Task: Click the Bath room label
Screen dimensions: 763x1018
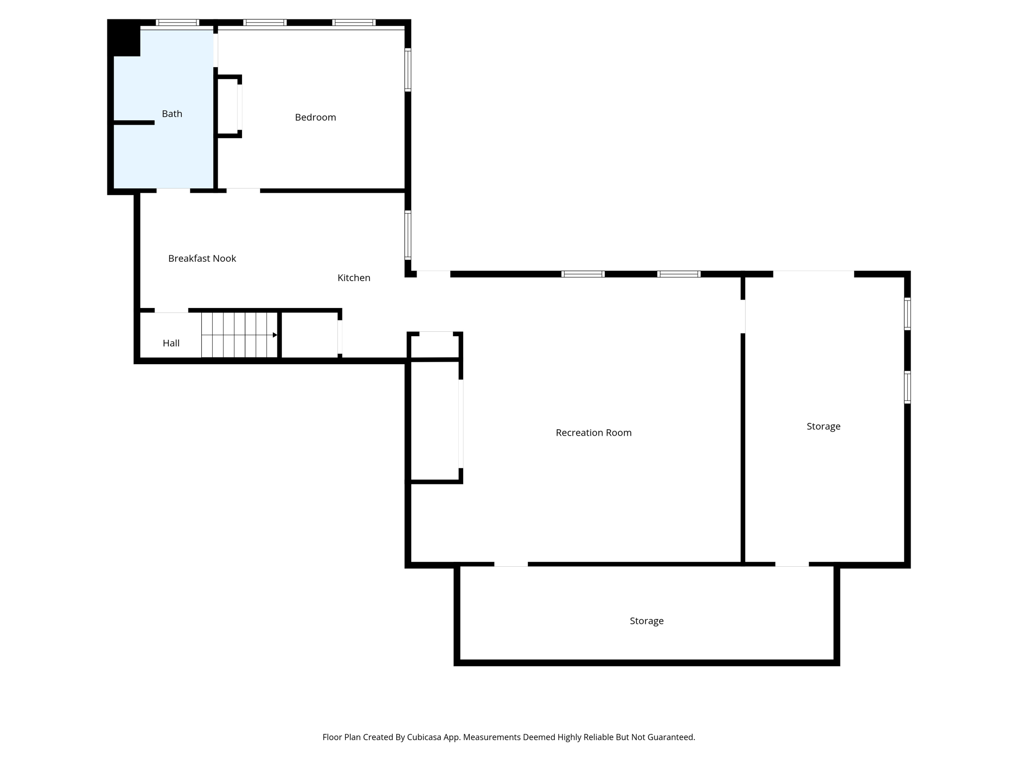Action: pyautogui.click(x=172, y=114)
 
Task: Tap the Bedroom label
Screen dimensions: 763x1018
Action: pyautogui.click(x=315, y=117)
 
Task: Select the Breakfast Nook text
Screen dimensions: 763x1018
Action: pyautogui.click(x=202, y=258)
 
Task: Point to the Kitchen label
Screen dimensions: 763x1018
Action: pyautogui.click(x=353, y=278)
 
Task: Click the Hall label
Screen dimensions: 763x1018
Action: pyautogui.click(x=171, y=343)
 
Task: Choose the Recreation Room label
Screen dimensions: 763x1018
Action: pyautogui.click(x=593, y=433)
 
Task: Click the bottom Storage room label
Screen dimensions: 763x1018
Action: pyautogui.click(x=646, y=621)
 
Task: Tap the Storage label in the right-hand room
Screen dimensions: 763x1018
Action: pyautogui.click(x=823, y=426)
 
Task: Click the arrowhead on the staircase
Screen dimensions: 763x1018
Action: pyautogui.click(x=275, y=335)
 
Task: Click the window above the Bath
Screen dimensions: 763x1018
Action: pyautogui.click(x=177, y=22)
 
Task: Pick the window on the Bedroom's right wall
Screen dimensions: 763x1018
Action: pyautogui.click(x=408, y=70)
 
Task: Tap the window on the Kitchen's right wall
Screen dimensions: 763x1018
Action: pyautogui.click(x=408, y=235)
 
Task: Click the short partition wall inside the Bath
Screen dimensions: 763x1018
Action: pyautogui.click(x=134, y=123)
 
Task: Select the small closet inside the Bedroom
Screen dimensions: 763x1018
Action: pyautogui.click(x=228, y=106)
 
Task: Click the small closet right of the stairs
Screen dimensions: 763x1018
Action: pyautogui.click(x=309, y=334)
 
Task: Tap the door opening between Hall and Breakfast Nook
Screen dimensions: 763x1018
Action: pyautogui.click(x=171, y=310)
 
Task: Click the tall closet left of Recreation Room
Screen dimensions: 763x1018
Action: pyautogui.click(x=434, y=421)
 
